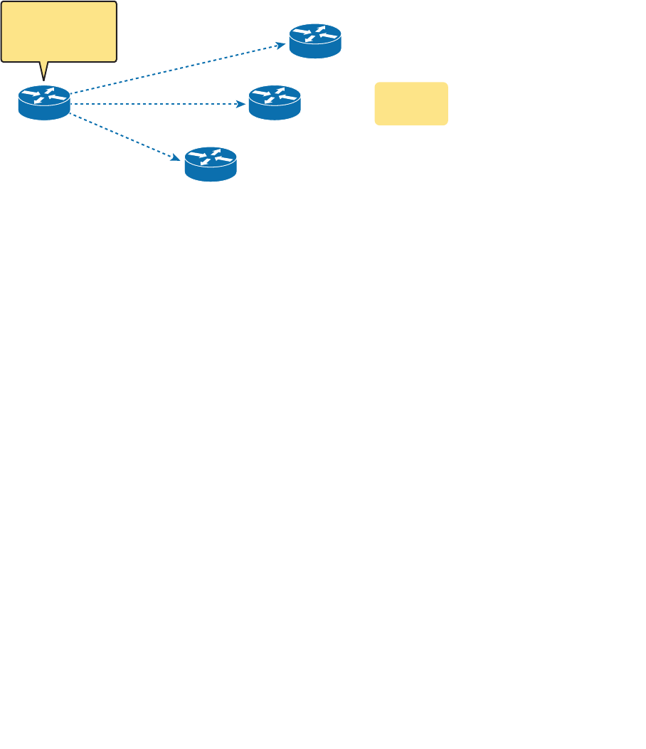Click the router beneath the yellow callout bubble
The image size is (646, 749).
(x=44, y=103)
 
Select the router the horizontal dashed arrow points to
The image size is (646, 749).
(x=275, y=103)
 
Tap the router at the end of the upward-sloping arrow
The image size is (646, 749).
(x=315, y=41)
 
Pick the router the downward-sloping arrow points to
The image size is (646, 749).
(x=211, y=164)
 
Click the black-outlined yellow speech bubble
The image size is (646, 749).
(x=58, y=31)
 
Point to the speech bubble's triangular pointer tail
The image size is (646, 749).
(x=44, y=70)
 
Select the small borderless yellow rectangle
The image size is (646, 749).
(x=411, y=103)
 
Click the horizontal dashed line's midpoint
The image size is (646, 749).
(x=157, y=104)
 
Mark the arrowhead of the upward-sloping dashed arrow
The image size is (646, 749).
(x=281, y=46)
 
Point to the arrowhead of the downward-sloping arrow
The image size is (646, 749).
(x=176, y=157)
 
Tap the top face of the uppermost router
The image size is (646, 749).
(x=315, y=33)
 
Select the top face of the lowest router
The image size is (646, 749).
(x=211, y=157)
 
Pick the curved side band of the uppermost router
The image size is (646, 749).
(x=315, y=50)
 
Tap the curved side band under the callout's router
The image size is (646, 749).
(x=44, y=112)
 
